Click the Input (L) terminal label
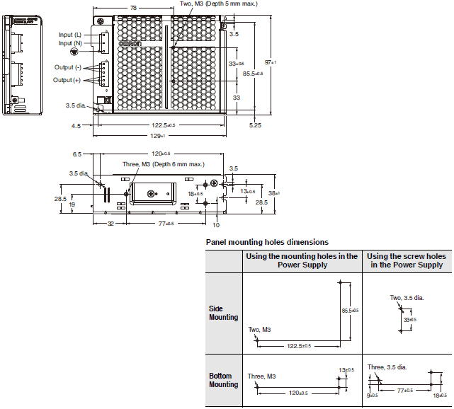(70, 34)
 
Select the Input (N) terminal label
(70, 42)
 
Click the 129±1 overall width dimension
(158, 136)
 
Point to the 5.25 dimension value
(256, 126)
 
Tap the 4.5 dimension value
(76, 126)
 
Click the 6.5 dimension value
(77, 153)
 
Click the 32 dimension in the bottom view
(110, 223)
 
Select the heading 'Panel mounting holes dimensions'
(266, 242)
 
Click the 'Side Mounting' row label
(224, 313)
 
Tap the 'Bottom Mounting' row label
(224, 380)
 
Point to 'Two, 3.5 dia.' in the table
(407, 299)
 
